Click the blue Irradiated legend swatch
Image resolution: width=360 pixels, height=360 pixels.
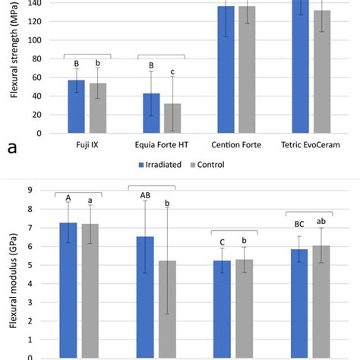(x=141, y=164)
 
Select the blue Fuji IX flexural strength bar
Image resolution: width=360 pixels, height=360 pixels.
(x=76, y=107)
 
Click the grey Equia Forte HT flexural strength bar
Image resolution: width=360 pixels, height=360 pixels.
(x=172, y=118)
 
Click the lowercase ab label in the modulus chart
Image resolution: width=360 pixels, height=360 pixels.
(x=322, y=221)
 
